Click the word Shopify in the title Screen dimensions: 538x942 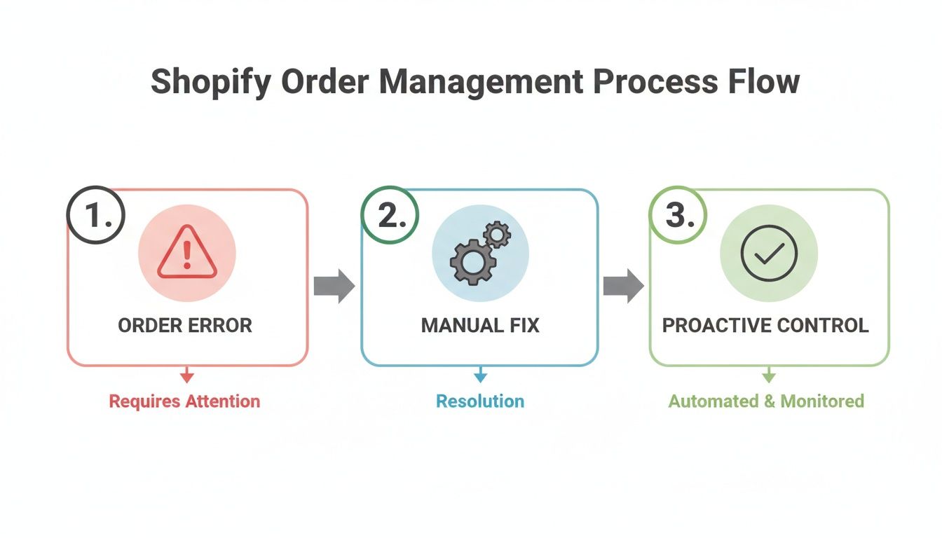210,82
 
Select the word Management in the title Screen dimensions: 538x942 481,82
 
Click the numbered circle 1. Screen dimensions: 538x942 96,216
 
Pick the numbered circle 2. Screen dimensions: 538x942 390,216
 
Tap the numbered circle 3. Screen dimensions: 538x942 678,216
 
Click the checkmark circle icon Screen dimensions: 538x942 769,254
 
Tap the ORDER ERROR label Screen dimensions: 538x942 185,326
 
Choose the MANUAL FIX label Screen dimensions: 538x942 480,326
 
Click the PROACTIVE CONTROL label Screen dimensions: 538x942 765,326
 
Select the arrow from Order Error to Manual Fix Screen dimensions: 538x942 334,286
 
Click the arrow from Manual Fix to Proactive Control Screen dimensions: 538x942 623,286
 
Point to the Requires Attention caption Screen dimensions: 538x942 184,401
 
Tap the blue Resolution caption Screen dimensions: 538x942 480,401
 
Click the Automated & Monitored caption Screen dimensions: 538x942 766,401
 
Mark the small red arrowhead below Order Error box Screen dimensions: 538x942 186,378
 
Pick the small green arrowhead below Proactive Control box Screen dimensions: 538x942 769,378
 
